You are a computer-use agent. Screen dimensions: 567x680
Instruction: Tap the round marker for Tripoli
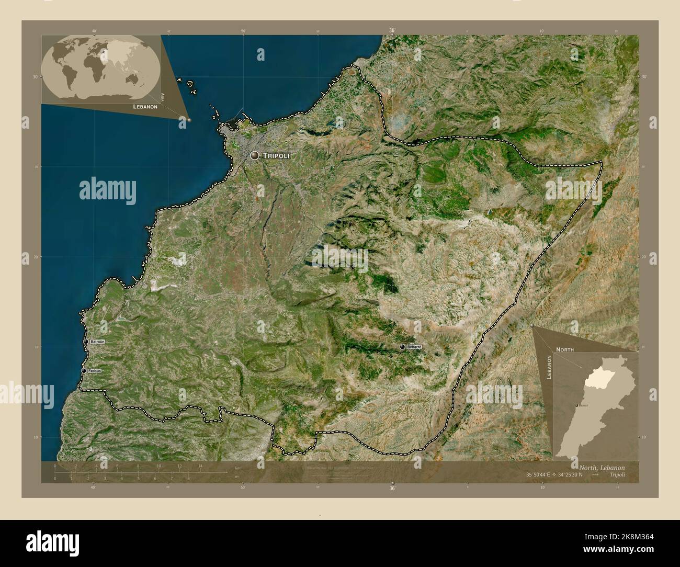click(255, 155)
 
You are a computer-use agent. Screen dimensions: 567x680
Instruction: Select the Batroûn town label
click(97, 342)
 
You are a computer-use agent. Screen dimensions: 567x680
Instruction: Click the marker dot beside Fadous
click(83, 371)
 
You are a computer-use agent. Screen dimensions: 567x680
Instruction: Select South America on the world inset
click(68, 76)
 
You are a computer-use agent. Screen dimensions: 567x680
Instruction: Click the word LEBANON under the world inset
click(145, 107)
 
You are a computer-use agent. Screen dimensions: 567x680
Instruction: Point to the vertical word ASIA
click(163, 97)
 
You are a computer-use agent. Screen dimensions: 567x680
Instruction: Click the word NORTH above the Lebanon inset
click(565, 349)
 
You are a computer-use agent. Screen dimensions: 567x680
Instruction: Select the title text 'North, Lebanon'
click(602, 467)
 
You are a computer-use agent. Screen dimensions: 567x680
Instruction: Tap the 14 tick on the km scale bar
click(200, 466)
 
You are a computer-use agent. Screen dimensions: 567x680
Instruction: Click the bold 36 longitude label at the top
click(392, 30)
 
